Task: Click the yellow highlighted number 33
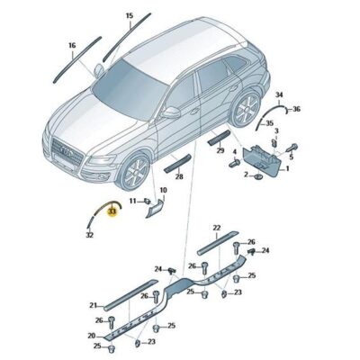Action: click(x=112, y=212)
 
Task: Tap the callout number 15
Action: click(x=129, y=16)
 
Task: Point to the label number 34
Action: click(x=279, y=94)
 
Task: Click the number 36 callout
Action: click(x=297, y=110)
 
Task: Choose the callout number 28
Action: click(x=178, y=177)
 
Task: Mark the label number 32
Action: click(x=90, y=235)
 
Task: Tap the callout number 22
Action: click(x=216, y=229)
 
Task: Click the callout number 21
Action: click(x=94, y=306)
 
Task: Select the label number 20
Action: click(x=93, y=336)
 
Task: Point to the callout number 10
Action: click(x=163, y=191)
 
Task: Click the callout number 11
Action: click(x=131, y=202)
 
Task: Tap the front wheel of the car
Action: click(x=136, y=173)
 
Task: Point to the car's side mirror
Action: click(x=168, y=112)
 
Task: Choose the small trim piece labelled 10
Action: click(x=156, y=208)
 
